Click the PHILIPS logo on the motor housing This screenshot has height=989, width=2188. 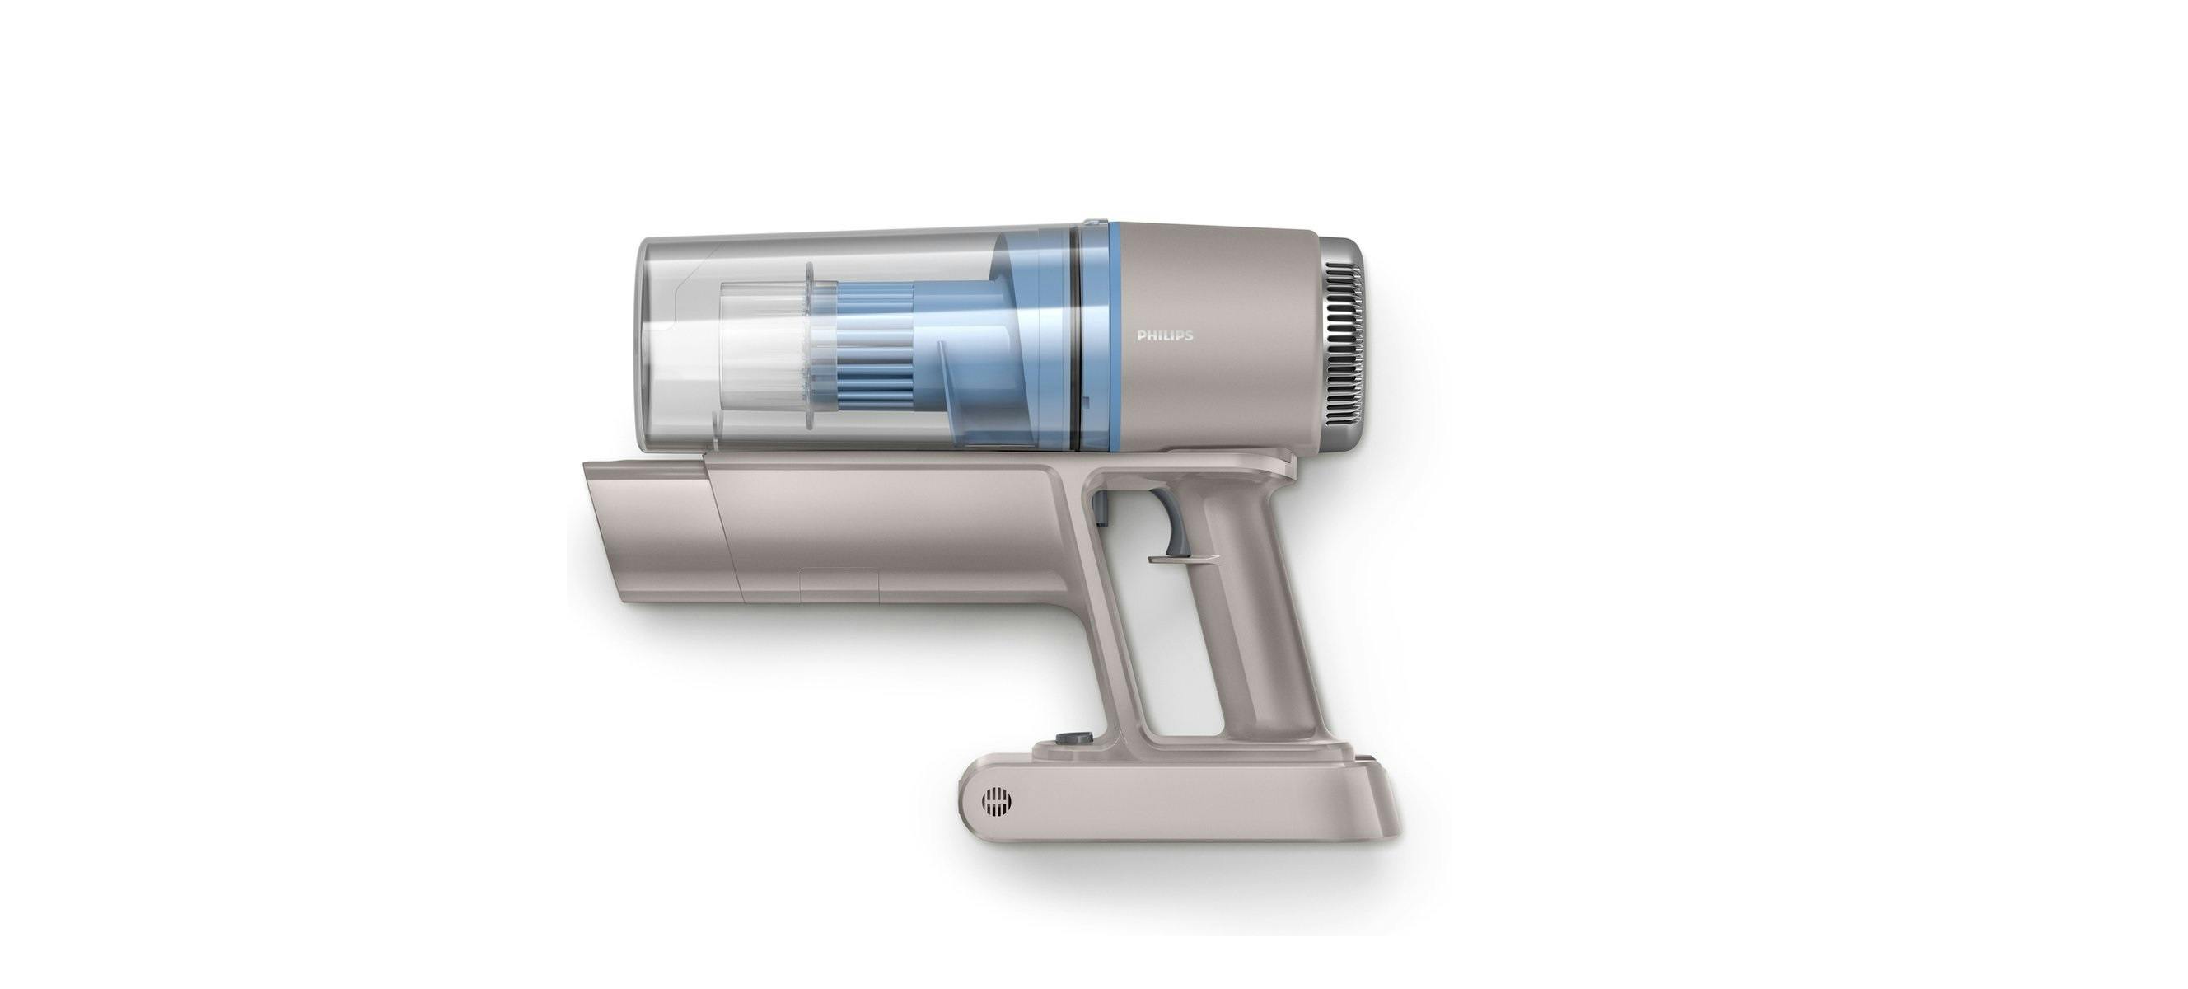tap(1166, 335)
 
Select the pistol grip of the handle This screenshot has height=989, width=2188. tap(1257, 612)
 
